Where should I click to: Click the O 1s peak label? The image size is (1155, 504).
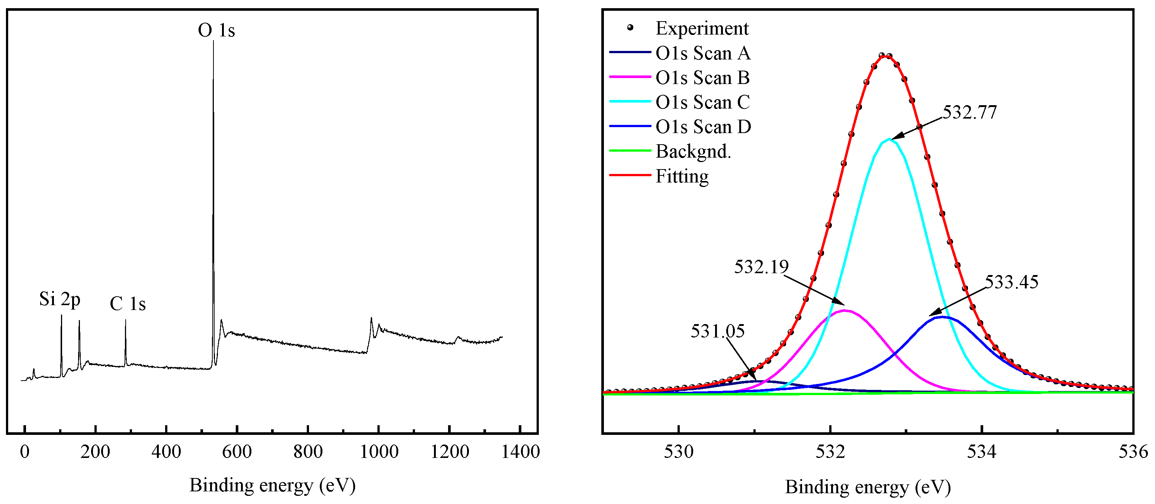point(216,30)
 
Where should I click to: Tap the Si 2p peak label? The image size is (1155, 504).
point(59,299)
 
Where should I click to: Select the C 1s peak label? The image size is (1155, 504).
point(128,304)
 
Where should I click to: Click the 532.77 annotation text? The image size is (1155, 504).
point(969,113)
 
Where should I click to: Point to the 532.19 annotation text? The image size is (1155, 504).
point(761,267)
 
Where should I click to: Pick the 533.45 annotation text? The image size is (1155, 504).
point(1011,282)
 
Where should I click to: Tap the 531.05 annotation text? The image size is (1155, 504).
point(717,332)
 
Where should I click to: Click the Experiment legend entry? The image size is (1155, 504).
point(702,28)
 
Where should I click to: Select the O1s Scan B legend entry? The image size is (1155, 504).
point(702,78)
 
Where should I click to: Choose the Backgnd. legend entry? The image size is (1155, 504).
point(693,151)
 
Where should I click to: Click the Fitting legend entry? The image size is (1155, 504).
point(682,176)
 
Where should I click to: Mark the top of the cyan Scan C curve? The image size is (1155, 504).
point(889,139)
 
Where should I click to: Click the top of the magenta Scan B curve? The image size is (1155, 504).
point(845,310)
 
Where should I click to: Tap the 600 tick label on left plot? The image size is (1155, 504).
point(237,452)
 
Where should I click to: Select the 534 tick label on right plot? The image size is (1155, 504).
point(981,452)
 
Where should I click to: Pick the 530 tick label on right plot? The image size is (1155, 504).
point(678,452)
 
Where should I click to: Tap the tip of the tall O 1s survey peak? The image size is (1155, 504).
point(213,42)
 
